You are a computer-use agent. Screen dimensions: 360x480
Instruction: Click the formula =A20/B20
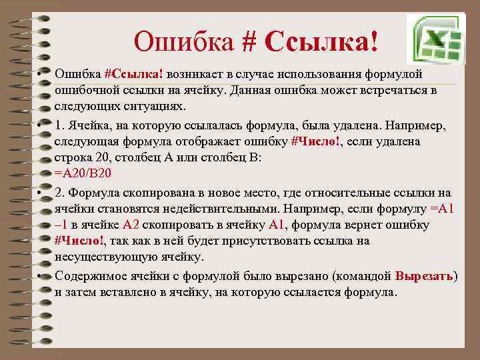(83, 173)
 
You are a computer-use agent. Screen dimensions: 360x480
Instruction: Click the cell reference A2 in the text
(131, 225)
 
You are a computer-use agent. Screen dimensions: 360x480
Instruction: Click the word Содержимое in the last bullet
(89, 275)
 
